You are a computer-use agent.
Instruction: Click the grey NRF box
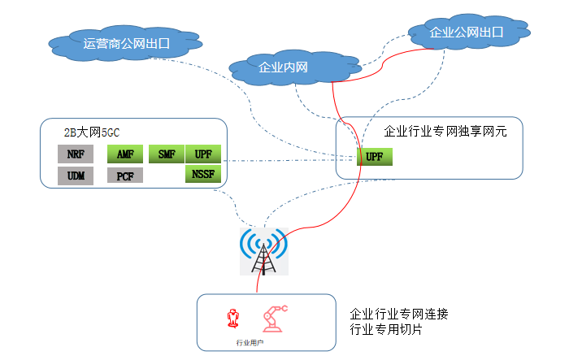coord(76,154)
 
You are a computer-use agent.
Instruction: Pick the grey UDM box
coord(76,176)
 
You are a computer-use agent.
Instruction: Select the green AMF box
coord(125,154)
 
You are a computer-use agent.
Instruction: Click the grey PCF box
coord(125,176)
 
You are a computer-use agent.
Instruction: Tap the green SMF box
coord(167,154)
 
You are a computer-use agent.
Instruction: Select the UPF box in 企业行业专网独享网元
coord(374,157)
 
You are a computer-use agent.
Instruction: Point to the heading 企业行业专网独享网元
coord(445,130)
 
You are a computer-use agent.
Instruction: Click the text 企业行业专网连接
coord(398,314)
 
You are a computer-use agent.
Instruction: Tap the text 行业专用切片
coord(386,330)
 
